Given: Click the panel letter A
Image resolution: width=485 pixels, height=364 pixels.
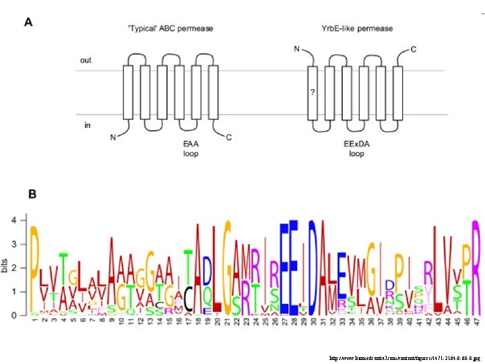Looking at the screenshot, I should [x=29, y=22].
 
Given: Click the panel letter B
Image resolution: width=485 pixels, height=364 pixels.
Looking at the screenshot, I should [x=32, y=194].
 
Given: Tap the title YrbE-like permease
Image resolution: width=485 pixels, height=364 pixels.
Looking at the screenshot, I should [x=357, y=28].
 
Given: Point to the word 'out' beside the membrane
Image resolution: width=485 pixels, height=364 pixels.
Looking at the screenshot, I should [x=86, y=60].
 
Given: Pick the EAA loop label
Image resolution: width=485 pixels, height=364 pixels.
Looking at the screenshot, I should [x=191, y=148].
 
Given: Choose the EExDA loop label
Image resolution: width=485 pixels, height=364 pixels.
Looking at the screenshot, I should [x=356, y=148].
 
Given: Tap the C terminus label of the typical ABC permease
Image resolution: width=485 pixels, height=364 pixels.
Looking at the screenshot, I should [x=229, y=138].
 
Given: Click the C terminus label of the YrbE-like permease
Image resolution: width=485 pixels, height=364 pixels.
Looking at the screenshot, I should [x=413, y=49].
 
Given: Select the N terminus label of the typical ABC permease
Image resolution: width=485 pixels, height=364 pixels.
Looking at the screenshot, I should [x=113, y=138].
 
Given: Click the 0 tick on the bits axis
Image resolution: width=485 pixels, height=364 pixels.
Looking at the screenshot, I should [x=21, y=315].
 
